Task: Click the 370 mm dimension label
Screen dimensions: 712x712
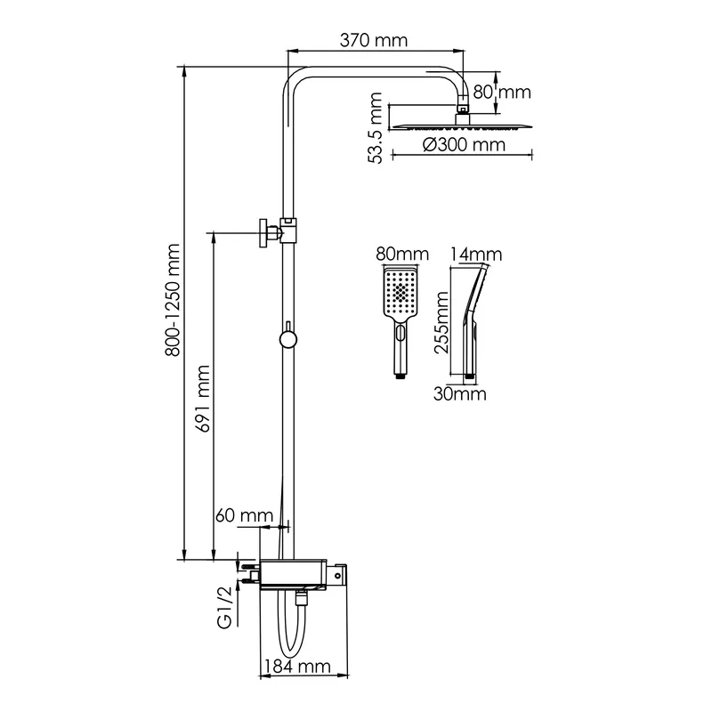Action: point(374,40)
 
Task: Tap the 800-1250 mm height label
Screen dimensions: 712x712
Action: point(173,300)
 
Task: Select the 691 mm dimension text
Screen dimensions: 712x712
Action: point(203,398)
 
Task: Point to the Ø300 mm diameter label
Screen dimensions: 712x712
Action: point(464,145)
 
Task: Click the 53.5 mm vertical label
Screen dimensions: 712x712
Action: point(376,127)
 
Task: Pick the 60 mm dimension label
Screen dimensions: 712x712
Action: point(244,515)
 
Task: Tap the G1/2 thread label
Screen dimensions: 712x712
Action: point(225,608)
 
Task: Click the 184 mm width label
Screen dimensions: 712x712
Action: point(297,667)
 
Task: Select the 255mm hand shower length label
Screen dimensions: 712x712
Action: point(441,323)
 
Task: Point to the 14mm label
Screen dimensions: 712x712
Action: point(476,255)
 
